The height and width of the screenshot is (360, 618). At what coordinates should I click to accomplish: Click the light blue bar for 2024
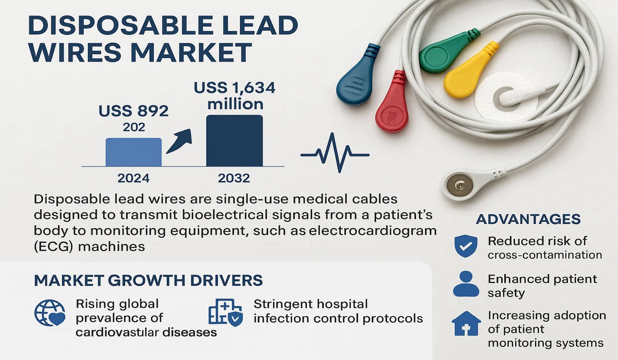pyautogui.click(x=133, y=152)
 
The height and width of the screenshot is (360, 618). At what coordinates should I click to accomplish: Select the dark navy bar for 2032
pyautogui.click(x=234, y=141)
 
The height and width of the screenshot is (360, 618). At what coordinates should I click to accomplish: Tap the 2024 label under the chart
pyautogui.click(x=133, y=178)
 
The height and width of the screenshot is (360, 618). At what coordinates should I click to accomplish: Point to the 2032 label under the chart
pyautogui.click(x=234, y=178)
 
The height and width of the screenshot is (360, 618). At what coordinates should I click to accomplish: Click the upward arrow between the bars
pyautogui.click(x=179, y=141)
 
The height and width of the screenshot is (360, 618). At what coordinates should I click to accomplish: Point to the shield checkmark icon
pyautogui.click(x=466, y=246)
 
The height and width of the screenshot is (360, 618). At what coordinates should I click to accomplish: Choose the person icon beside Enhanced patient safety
pyautogui.click(x=466, y=285)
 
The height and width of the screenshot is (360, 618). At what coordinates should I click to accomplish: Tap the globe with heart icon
pyautogui.click(x=50, y=313)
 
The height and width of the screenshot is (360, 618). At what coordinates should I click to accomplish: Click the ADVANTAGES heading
pyautogui.click(x=528, y=219)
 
